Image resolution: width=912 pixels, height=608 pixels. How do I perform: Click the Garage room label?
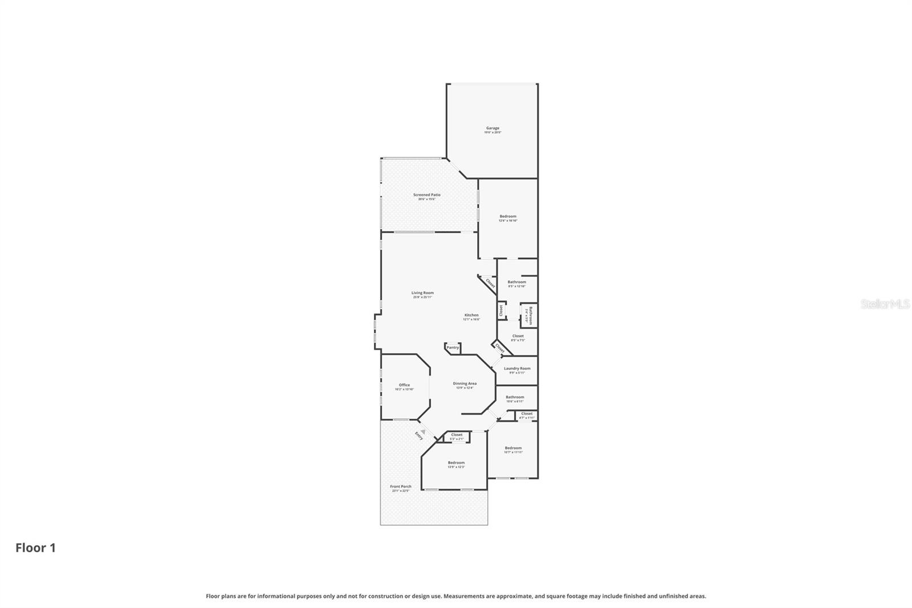[x=492, y=128]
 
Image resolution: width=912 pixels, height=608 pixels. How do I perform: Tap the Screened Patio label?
[x=426, y=195]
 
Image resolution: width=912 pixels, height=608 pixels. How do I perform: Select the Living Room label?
[x=422, y=293]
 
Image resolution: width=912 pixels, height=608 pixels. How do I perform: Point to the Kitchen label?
[x=471, y=315]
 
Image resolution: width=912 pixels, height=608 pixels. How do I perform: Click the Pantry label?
[x=453, y=347]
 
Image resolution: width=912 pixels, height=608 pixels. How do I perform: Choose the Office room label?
[x=404, y=385]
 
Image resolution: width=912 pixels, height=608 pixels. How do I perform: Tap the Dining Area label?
[x=465, y=384]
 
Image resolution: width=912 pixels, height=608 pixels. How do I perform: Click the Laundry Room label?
[x=517, y=368]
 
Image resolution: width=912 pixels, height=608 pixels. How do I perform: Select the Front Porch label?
[x=401, y=487]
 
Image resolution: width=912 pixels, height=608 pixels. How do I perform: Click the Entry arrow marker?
[x=422, y=432]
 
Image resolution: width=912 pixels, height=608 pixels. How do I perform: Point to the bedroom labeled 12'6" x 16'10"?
[x=508, y=217]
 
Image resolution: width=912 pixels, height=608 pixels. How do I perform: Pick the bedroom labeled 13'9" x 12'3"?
[x=456, y=463]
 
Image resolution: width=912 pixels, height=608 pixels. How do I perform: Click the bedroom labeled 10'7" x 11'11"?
[x=513, y=448]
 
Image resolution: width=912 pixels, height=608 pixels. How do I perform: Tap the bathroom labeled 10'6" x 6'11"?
[x=515, y=397]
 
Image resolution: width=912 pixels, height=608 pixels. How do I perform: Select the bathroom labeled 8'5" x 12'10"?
[x=517, y=282]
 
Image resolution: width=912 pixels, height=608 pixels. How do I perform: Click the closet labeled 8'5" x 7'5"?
[x=518, y=336]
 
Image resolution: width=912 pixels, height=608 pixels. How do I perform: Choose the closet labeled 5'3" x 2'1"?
[x=457, y=435]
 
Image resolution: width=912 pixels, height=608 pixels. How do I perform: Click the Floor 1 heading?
[x=35, y=548]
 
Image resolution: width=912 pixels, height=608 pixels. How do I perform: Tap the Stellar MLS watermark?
[x=885, y=304]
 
